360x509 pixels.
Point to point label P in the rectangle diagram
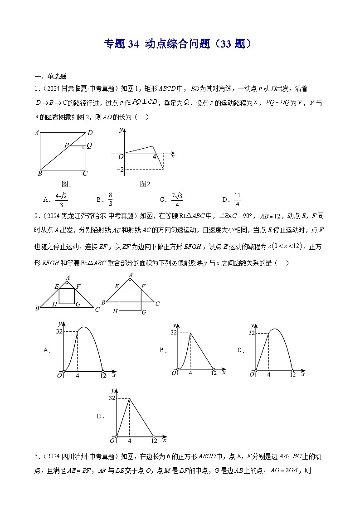coord(66,145)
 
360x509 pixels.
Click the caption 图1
coord(67,184)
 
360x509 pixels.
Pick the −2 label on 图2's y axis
coord(120,170)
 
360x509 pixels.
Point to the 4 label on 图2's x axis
coord(154,156)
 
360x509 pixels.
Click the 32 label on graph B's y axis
coord(174,333)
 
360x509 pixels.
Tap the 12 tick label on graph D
coord(154,441)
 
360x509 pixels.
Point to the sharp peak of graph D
coord(130,398)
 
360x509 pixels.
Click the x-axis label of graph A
coord(114,375)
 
